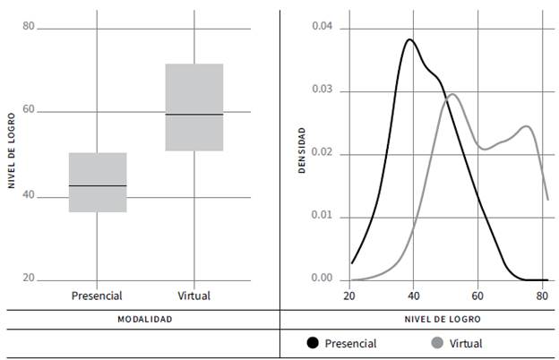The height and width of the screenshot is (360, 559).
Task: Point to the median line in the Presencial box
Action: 98,185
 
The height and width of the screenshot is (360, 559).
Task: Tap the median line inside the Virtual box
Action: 194,115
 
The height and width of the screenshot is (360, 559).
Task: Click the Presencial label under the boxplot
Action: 97,296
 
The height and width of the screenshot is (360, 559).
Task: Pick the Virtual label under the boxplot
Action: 194,296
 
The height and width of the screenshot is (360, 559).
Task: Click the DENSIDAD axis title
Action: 302,150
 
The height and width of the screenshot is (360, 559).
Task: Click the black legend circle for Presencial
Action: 313,342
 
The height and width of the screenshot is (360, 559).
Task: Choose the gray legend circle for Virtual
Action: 437,342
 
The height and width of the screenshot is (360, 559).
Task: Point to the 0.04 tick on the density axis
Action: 322,27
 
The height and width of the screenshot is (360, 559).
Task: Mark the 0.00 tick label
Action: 322,279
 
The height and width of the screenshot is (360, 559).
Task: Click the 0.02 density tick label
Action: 322,153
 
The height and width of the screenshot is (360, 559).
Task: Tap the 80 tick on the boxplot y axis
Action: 29,27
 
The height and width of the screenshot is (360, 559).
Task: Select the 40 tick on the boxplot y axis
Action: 29,195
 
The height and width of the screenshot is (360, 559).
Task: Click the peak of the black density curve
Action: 410,39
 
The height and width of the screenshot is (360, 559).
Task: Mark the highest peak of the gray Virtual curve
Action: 452,94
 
